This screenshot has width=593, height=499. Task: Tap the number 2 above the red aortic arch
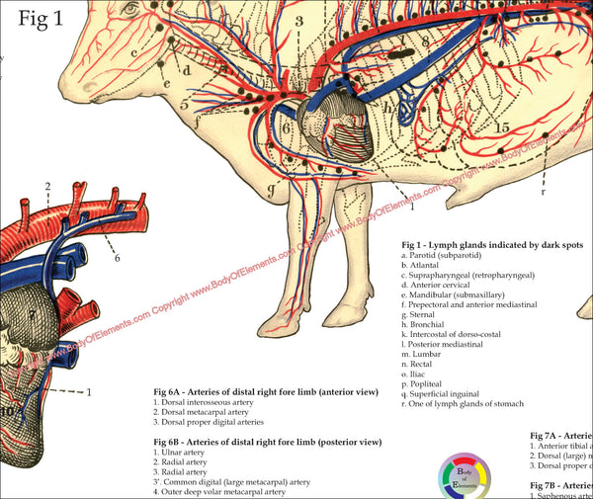[46, 187]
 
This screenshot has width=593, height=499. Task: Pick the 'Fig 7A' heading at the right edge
[560, 435]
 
